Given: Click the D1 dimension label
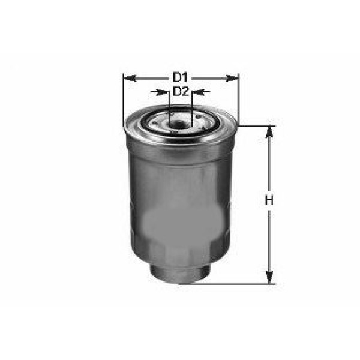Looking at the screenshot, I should coord(181,77).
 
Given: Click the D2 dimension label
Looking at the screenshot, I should coord(181,92).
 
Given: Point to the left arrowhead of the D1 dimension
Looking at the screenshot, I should coord(127,77).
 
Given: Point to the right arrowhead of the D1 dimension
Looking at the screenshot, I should coord(234,77).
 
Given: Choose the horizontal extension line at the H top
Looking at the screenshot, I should coord(258,126).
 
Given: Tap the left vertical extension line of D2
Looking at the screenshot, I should coord(169,105).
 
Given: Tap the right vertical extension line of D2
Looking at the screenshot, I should coord(193,105).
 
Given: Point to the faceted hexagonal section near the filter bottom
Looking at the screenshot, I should coord(180,252).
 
